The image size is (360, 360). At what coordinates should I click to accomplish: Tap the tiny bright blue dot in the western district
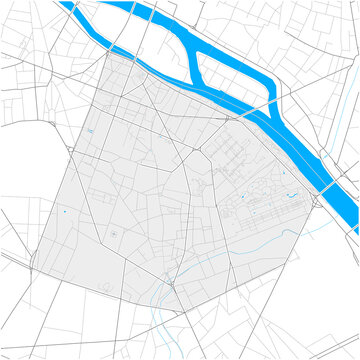[63, 211]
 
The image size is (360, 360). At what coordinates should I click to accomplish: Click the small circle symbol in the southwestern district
[115, 234]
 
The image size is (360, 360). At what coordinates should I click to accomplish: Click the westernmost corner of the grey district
[33, 262]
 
